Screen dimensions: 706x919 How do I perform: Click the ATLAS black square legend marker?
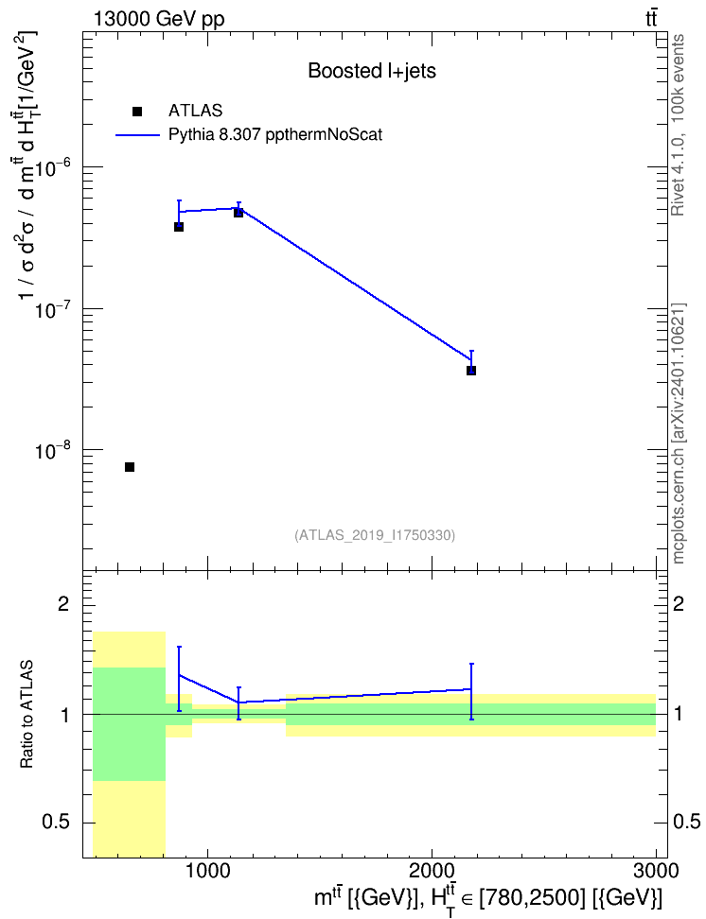137,111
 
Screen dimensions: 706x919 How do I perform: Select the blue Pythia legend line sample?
138,135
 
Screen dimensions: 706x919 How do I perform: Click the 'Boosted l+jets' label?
372,72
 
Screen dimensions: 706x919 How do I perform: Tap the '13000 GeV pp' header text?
159,19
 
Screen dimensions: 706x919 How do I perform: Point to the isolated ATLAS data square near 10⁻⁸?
130,466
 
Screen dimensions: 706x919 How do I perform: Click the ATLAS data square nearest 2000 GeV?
471,371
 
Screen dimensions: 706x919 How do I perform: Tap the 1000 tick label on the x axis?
207,871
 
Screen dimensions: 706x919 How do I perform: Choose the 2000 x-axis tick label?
432,871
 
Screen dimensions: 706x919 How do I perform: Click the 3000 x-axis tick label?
656,871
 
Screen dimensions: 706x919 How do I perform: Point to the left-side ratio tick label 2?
63,604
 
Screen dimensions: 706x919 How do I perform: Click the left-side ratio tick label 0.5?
56,823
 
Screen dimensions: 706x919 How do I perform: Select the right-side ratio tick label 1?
678,715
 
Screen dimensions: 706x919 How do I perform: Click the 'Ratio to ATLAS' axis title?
26,714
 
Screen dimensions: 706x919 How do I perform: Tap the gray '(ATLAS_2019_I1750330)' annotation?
375,535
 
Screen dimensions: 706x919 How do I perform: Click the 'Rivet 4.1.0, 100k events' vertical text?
678,125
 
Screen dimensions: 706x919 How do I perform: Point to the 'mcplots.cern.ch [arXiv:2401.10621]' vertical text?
678,434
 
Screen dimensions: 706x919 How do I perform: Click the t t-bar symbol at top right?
651,18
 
